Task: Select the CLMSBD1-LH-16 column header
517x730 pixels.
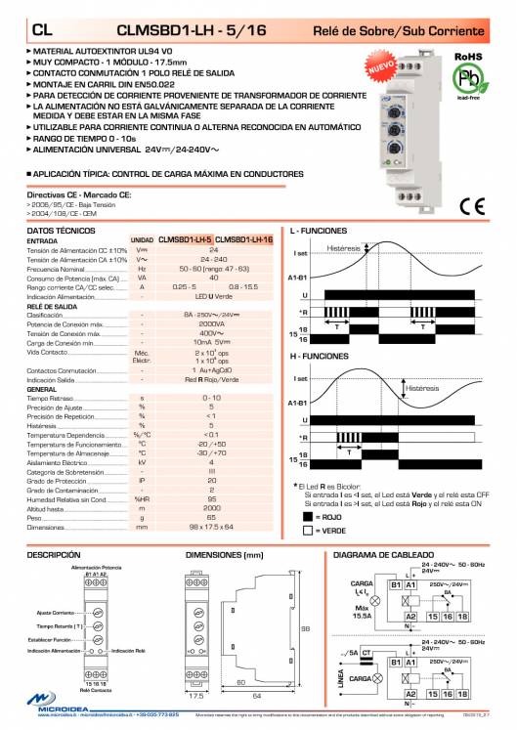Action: (243, 238)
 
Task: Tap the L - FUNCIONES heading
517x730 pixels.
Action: (325, 231)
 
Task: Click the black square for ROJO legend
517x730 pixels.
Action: (308, 515)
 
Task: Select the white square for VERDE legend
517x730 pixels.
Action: (308, 530)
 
